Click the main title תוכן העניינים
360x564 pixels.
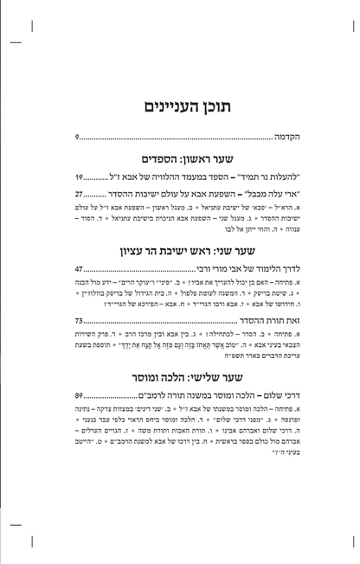(x=180, y=106)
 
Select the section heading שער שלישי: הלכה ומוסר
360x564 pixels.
(x=180, y=378)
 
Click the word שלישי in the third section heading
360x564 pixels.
(x=194, y=378)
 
